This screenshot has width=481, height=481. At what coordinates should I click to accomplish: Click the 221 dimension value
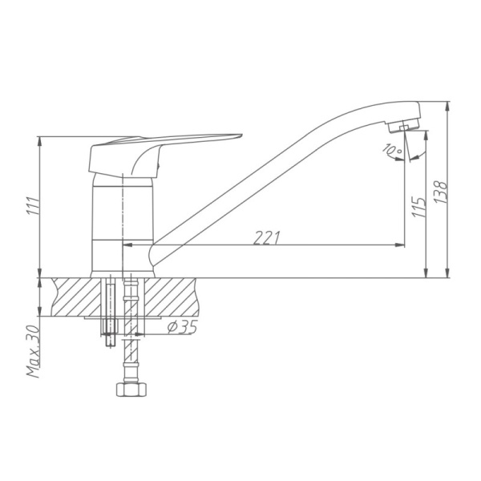click(269, 236)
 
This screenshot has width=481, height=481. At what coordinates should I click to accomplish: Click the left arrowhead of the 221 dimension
click(128, 245)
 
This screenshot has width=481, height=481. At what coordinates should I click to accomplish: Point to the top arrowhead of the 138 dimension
click(447, 105)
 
